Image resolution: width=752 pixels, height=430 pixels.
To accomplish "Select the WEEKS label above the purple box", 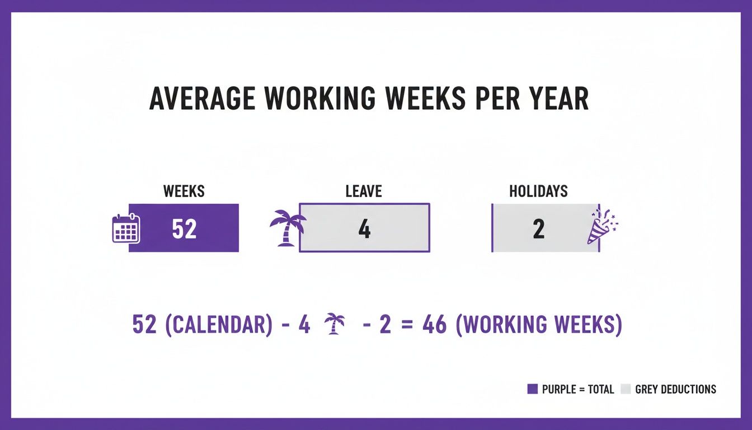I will (x=184, y=191).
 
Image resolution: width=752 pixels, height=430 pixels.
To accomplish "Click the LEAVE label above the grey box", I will (x=364, y=191).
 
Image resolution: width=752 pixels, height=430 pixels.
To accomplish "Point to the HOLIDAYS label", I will (x=538, y=191).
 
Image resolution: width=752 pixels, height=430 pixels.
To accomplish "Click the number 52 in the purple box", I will (x=184, y=229).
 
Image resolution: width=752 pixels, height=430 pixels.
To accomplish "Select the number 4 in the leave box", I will (x=364, y=229).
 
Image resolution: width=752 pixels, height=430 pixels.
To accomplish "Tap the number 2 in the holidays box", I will (x=539, y=229).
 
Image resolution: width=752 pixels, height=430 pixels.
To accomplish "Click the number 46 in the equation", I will (x=435, y=325).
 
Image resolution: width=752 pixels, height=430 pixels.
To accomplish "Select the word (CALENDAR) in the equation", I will (x=219, y=325).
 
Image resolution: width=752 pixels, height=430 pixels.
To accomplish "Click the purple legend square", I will (x=532, y=389).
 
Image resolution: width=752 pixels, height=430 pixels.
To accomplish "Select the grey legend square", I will (x=626, y=389).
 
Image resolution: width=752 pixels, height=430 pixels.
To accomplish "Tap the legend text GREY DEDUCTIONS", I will (x=675, y=389).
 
